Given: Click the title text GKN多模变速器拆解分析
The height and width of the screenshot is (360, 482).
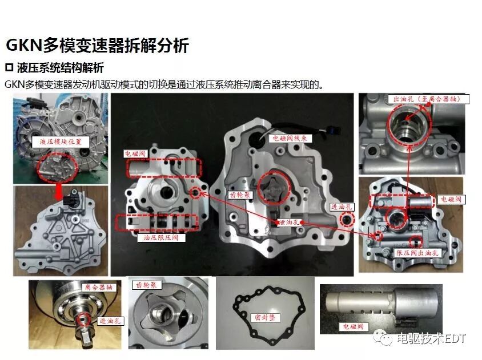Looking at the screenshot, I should (x=97, y=46).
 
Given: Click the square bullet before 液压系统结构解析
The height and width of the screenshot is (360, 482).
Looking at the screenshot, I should (x=9, y=68).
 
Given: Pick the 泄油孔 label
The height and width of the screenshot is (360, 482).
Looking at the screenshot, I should (x=287, y=222).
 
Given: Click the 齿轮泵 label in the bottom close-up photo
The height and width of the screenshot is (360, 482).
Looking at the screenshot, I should (x=146, y=284).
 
